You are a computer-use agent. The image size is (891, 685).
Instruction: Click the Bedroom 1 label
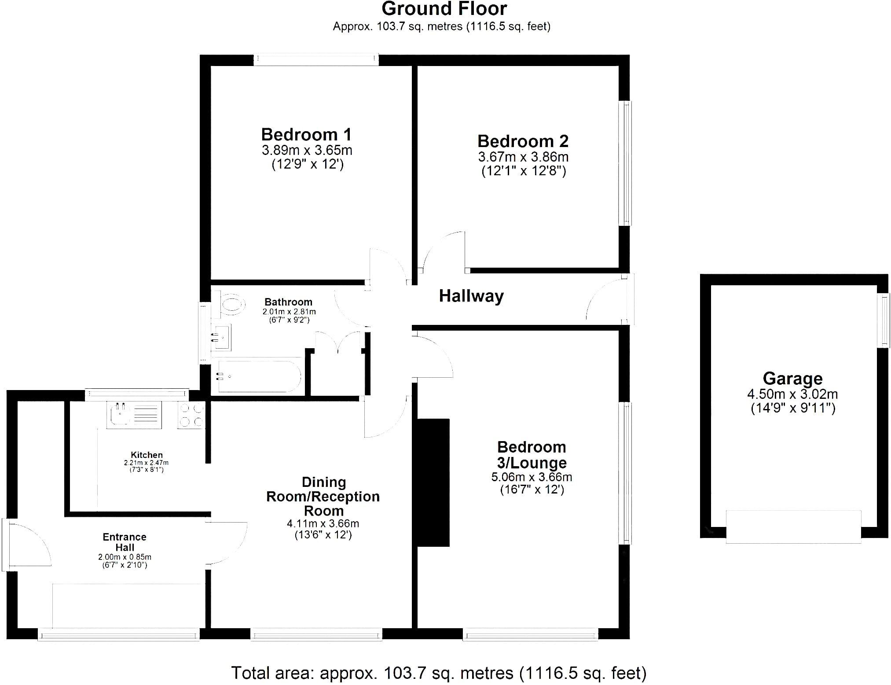click(306, 134)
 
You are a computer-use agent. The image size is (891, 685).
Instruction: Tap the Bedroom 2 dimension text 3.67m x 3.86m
click(523, 157)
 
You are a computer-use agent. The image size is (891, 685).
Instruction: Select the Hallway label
click(471, 296)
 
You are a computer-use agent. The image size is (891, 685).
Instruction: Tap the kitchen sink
click(134, 415)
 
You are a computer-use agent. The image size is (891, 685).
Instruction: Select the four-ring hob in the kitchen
click(191, 415)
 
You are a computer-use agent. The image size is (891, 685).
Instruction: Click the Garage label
click(792, 379)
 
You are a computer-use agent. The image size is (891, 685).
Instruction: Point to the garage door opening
click(793, 527)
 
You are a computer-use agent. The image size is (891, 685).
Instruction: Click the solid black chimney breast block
click(433, 482)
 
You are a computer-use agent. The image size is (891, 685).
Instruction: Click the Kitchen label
click(147, 455)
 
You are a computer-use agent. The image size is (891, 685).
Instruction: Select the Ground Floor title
click(444, 9)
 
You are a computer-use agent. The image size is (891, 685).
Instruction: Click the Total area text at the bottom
click(439, 673)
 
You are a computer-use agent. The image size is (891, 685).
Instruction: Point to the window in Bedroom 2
click(625, 163)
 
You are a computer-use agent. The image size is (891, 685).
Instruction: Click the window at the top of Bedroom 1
click(316, 60)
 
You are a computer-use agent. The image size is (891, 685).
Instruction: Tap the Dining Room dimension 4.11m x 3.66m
click(323, 523)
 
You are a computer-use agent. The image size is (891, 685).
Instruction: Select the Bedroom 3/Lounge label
click(532, 455)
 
